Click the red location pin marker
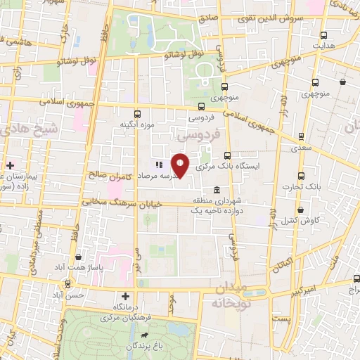coord(181,165)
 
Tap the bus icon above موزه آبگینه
coord(137,113)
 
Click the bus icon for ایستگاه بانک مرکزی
coord(226,156)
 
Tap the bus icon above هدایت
coord(323,35)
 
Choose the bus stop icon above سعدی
coord(300,136)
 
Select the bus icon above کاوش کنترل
coord(300,210)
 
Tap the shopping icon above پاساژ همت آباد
coord(78,258)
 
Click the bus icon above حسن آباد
coord(67,284)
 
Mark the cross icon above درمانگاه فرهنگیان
coord(125,297)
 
